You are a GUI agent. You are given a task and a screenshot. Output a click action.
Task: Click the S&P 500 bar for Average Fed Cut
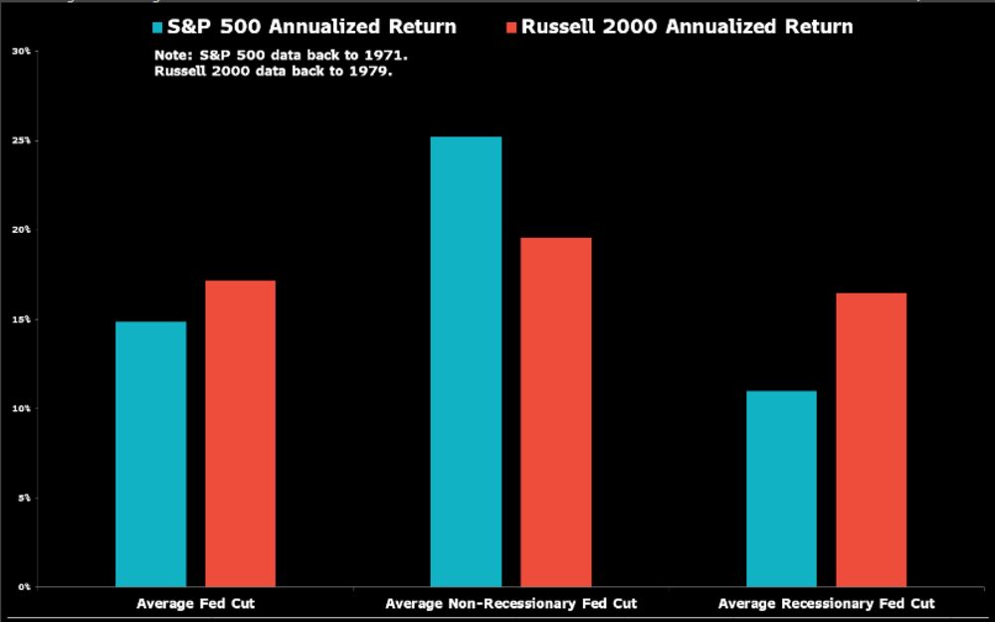tap(150, 454)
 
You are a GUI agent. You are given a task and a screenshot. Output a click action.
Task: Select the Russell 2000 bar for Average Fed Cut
tap(240, 433)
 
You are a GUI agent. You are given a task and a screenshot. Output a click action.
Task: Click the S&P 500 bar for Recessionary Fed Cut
tap(781, 488)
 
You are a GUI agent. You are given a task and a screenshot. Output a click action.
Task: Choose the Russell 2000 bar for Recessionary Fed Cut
tap(871, 439)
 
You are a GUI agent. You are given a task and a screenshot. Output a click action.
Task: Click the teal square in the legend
tap(156, 27)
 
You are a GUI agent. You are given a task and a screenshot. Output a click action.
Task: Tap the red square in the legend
tap(510, 27)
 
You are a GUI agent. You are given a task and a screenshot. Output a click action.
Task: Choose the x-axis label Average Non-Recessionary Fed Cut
tap(510, 604)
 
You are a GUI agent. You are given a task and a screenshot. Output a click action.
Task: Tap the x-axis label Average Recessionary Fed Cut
tap(826, 604)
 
